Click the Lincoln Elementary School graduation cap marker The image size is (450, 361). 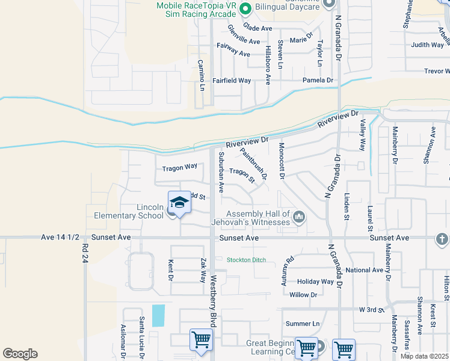coord(179,203)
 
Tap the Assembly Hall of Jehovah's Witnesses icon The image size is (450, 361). coord(299,215)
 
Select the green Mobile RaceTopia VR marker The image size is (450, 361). coord(245,9)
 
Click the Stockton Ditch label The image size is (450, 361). coord(247,261)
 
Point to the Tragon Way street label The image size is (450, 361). coord(179,167)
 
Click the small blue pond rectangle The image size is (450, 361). coord(158,315)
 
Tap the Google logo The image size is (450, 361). coord(20,354)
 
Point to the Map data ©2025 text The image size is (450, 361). coord(424,356)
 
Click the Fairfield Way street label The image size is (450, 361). coord(232,80)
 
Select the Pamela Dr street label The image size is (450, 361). coord(318,80)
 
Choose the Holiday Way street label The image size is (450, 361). coord(315,282)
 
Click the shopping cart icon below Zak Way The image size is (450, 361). coord(200,339)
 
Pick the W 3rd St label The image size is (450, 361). coord(371,309)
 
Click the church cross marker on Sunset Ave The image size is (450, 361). coord(442,239)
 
